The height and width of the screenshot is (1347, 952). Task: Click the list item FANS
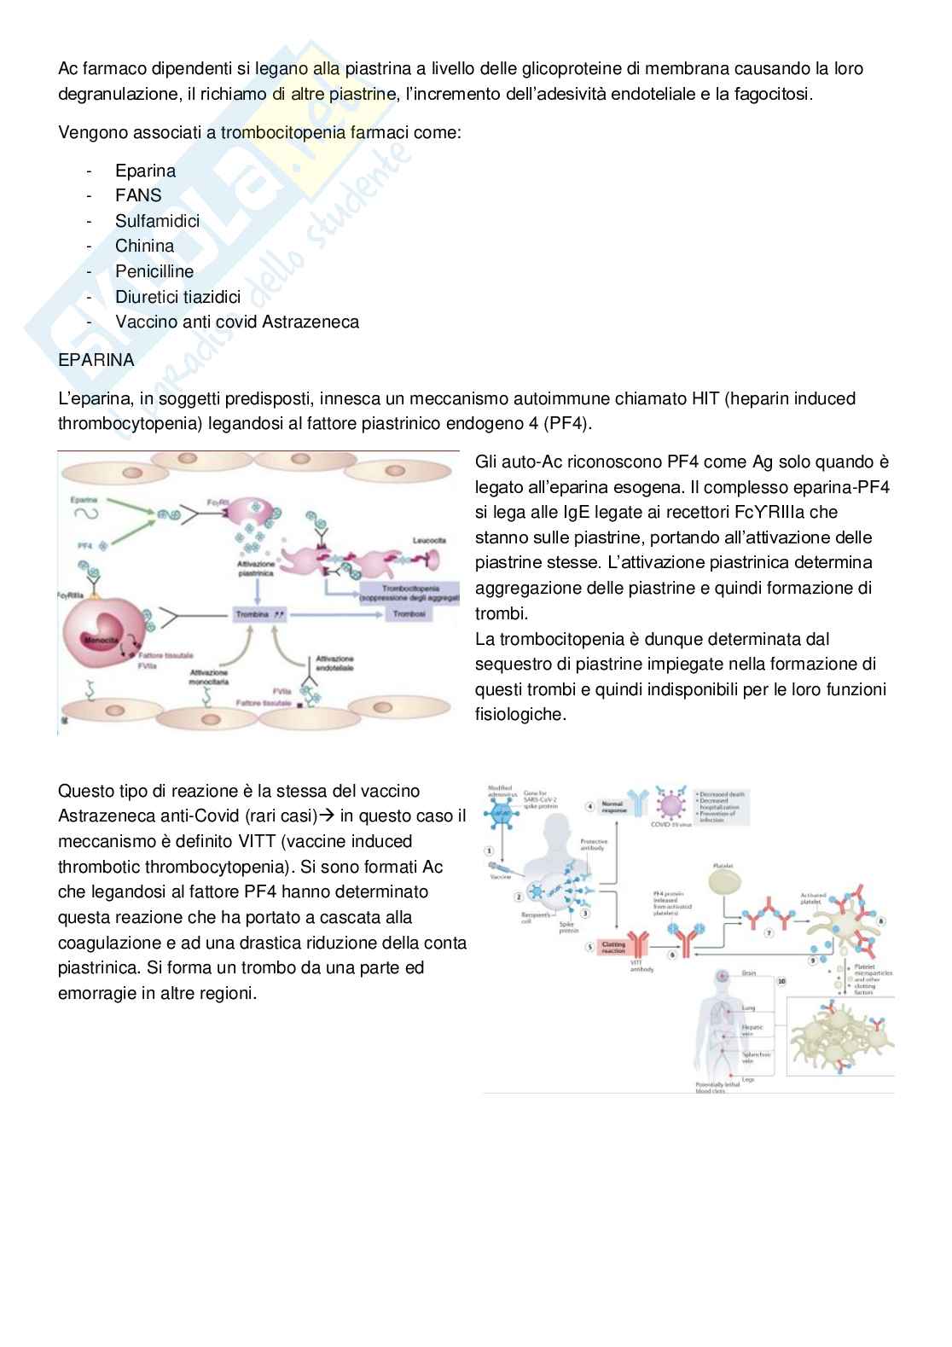point(138,195)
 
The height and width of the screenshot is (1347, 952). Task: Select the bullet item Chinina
point(144,246)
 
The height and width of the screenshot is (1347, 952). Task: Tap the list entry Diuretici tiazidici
point(177,297)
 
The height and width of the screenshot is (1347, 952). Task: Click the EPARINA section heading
point(96,360)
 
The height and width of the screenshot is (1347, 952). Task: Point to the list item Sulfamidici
point(157,221)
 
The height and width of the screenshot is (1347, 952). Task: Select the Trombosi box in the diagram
point(409,614)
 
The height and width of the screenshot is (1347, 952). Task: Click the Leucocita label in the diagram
point(429,541)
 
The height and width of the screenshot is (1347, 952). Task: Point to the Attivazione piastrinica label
point(256,569)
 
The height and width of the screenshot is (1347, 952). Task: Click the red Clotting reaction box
point(612,947)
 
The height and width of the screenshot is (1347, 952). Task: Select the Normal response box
point(612,806)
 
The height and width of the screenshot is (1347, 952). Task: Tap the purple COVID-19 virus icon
point(671,804)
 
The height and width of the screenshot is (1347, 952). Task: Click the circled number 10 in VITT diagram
point(781,982)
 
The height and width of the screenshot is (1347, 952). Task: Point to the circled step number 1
point(490,851)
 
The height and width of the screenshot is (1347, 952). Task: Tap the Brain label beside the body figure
point(748,973)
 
